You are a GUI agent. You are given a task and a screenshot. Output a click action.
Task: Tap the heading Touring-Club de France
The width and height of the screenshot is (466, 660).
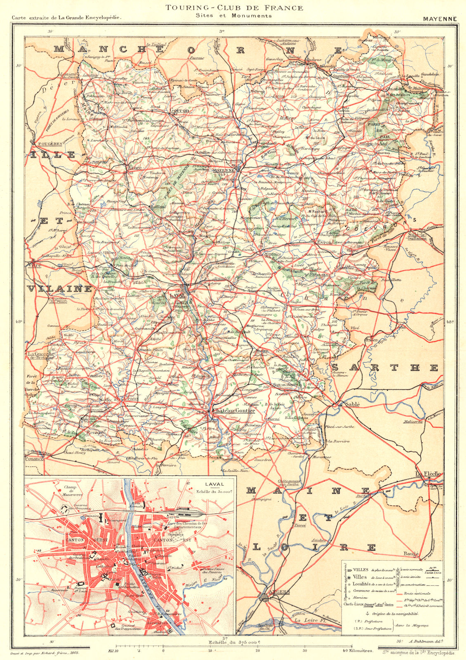[x=234, y=7]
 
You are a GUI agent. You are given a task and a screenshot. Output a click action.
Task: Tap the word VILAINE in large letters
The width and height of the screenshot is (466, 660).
[x=60, y=288]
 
